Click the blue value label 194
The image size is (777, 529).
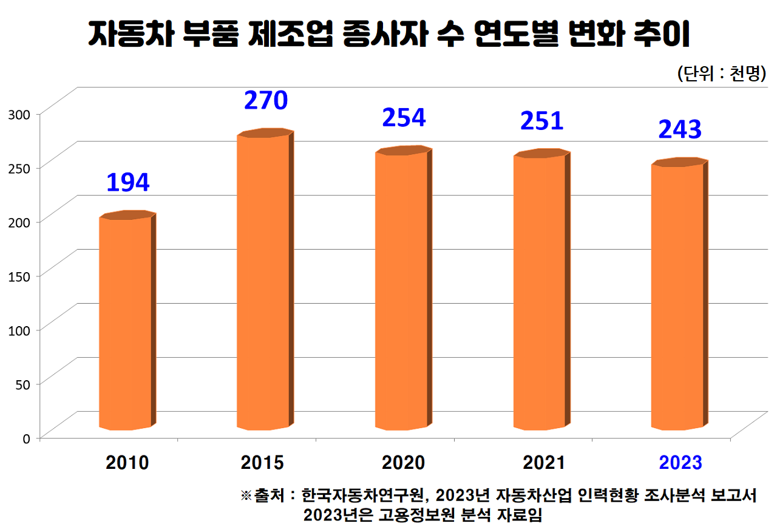pyautogui.click(x=127, y=182)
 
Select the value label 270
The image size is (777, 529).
pyautogui.click(x=265, y=100)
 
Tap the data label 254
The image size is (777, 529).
pyautogui.click(x=404, y=117)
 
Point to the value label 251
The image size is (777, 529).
pyautogui.click(x=541, y=121)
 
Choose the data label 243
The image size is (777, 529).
pyautogui.click(x=680, y=129)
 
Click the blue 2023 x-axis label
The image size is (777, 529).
pyautogui.click(x=680, y=462)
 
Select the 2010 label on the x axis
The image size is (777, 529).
pyautogui.click(x=127, y=462)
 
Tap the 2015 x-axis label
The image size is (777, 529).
pyautogui.click(x=262, y=462)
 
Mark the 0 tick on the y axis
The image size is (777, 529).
pyautogui.click(x=26, y=437)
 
